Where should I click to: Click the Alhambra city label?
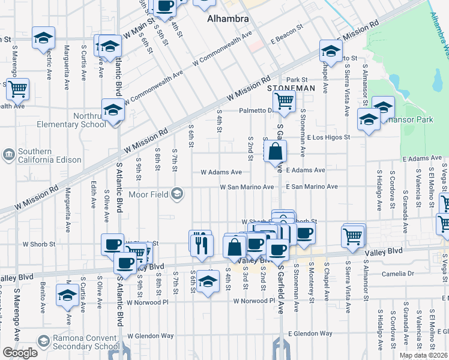(228, 19)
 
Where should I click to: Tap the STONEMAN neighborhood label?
(291, 88)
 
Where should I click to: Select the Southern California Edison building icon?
(8, 155)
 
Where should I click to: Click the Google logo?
(20, 353)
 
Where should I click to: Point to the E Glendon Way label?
(310, 333)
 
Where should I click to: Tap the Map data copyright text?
(423, 355)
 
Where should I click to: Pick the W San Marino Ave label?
(246, 187)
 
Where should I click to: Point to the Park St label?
(297, 79)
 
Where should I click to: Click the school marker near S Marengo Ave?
(67, 295)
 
